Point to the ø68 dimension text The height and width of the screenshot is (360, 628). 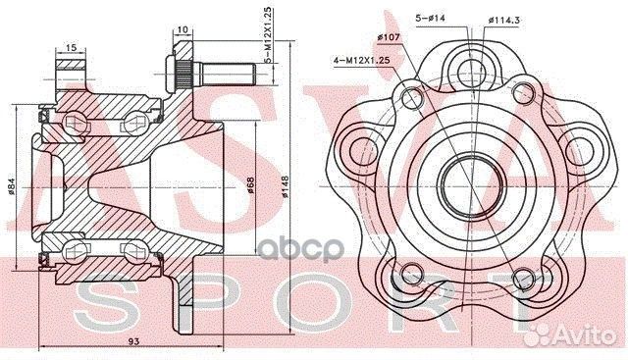(x=251, y=186)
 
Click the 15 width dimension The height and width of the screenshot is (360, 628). (x=73, y=46)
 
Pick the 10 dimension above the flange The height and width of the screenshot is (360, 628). (x=184, y=29)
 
